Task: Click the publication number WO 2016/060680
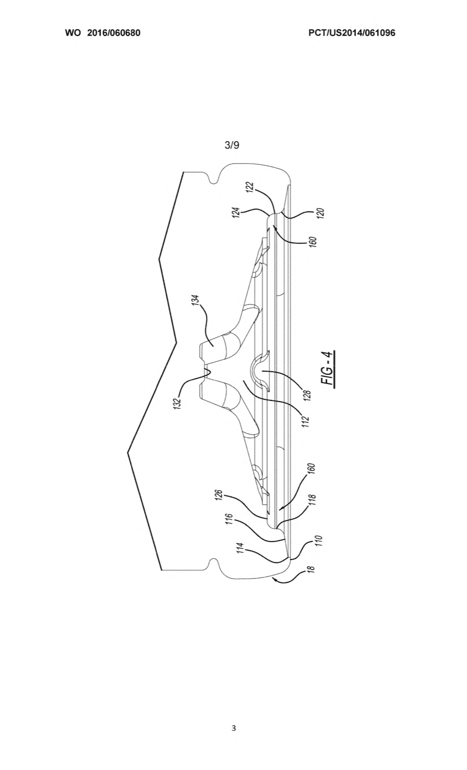(103, 33)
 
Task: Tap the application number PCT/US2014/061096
(352, 33)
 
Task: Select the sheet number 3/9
(232, 145)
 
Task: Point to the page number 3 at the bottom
(233, 728)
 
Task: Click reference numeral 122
(250, 188)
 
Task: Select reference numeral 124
(237, 212)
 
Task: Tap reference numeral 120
(321, 213)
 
